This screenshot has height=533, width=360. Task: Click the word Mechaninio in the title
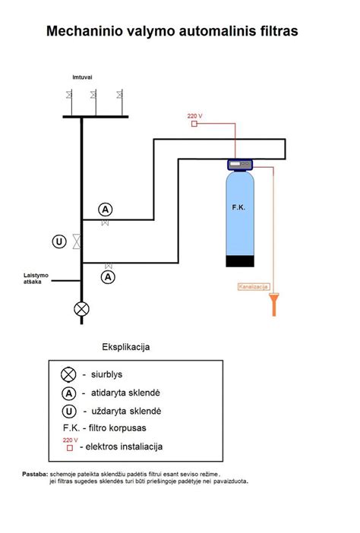pyautogui.click(x=84, y=31)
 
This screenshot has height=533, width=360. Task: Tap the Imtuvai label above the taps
pyautogui.click(x=82, y=77)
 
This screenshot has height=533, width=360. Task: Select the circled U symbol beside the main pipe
pyautogui.click(x=59, y=241)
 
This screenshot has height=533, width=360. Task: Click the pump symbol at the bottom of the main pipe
pyautogui.click(x=81, y=309)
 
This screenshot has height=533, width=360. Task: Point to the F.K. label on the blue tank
pyautogui.click(x=238, y=207)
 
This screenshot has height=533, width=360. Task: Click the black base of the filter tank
pyautogui.click(x=240, y=261)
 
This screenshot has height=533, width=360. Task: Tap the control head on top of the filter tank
pyautogui.click(x=240, y=165)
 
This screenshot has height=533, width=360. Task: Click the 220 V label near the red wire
pyautogui.click(x=194, y=116)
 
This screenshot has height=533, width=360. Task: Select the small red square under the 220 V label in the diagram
pyautogui.click(x=194, y=124)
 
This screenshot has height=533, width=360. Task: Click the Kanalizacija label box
pyautogui.click(x=254, y=286)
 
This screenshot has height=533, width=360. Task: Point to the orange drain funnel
pyautogui.click(x=274, y=304)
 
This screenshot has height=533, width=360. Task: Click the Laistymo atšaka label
pyautogui.click(x=36, y=279)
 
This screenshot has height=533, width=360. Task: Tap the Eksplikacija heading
pyautogui.click(x=126, y=347)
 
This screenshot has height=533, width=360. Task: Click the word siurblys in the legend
pyautogui.click(x=107, y=374)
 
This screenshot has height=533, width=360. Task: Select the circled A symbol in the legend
pyautogui.click(x=68, y=393)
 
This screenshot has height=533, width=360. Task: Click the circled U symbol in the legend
pyautogui.click(x=68, y=412)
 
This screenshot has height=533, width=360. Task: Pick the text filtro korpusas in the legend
pyautogui.click(x=117, y=428)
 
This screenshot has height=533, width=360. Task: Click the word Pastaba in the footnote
pyautogui.click(x=35, y=474)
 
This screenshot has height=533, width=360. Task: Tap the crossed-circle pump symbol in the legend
pyautogui.click(x=68, y=374)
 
